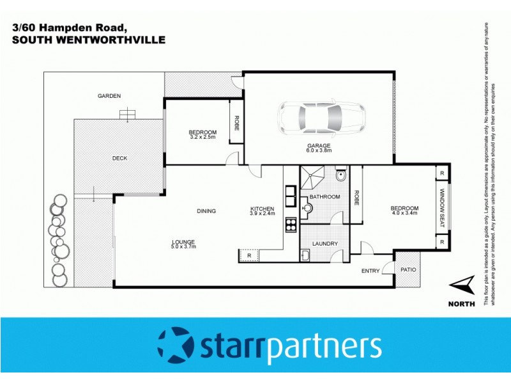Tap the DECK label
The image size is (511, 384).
[x=119, y=158]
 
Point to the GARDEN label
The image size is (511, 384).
[x=109, y=96]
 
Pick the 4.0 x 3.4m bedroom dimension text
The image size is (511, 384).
[x=404, y=213]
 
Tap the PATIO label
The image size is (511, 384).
[x=408, y=269]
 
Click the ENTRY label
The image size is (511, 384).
[x=370, y=271]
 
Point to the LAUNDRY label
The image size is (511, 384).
[x=324, y=244]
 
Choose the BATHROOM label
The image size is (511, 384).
[x=324, y=196]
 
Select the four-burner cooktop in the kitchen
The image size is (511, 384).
[x=290, y=225]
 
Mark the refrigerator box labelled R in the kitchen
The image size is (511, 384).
[x=249, y=255]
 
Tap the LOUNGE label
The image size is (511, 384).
[x=183, y=241]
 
